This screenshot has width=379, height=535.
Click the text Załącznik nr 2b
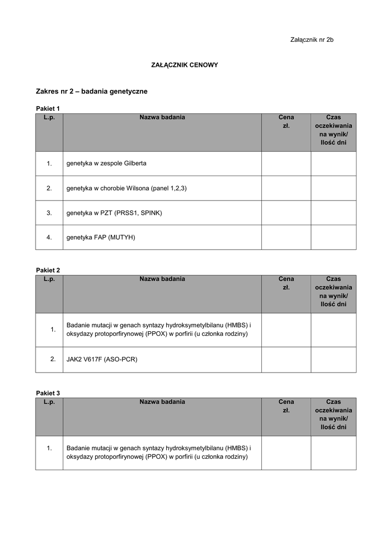(312, 40)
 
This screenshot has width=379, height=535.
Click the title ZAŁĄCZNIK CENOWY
(185, 65)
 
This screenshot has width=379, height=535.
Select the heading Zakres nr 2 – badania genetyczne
(91, 91)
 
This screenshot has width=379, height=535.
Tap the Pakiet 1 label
(48, 108)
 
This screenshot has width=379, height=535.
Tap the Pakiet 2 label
(48, 270)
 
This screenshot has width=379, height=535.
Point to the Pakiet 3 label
(48, 392)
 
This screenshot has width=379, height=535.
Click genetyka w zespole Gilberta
(106, 164)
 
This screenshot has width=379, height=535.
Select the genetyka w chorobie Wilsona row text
(126, 188)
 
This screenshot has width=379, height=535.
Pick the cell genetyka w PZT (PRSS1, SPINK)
(114, 213)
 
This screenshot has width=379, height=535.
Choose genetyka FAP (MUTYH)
(100, 237)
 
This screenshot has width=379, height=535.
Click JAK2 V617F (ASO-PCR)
(101, 359)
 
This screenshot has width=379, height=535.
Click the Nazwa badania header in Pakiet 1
(162, 118)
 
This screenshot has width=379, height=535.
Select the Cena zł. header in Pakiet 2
(286, 283)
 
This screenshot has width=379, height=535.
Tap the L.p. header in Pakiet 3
(49, 402)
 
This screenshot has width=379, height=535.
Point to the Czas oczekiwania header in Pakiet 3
(334, 414)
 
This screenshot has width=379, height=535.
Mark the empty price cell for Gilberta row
(286, 164)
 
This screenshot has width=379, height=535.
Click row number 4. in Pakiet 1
(49, 237)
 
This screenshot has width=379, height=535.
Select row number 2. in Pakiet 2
(53, 359)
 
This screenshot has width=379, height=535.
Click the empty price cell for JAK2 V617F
(286, 359)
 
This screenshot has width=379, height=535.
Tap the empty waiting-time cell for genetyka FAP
(334, 237)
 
